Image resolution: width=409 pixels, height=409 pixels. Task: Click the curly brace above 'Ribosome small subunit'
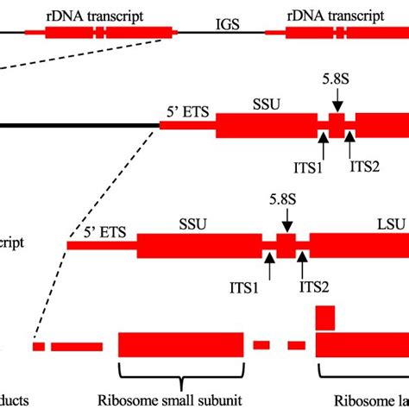[180, 372]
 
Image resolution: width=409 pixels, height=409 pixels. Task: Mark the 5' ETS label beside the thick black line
[184, 110]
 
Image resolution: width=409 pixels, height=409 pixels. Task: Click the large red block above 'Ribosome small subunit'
[180, 345]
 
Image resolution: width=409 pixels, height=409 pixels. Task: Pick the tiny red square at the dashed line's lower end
[39, 346]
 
